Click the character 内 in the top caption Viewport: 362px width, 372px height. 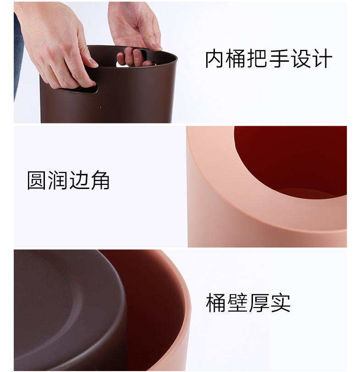point(214,59)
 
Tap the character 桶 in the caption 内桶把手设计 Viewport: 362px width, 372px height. point(236,59)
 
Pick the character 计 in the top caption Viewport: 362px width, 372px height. point(322,59)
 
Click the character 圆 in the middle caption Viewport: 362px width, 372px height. point(36,180)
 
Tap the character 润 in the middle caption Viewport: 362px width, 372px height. point(57,180)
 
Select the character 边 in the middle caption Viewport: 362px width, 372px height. point(79,180)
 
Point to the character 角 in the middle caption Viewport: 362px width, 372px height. point(100,180)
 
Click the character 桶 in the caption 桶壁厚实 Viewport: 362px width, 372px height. point(216,302)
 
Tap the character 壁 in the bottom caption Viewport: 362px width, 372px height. point(237,302)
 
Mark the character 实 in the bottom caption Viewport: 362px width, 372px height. point(280,302)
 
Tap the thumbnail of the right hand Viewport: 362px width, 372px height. point(156,46)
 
